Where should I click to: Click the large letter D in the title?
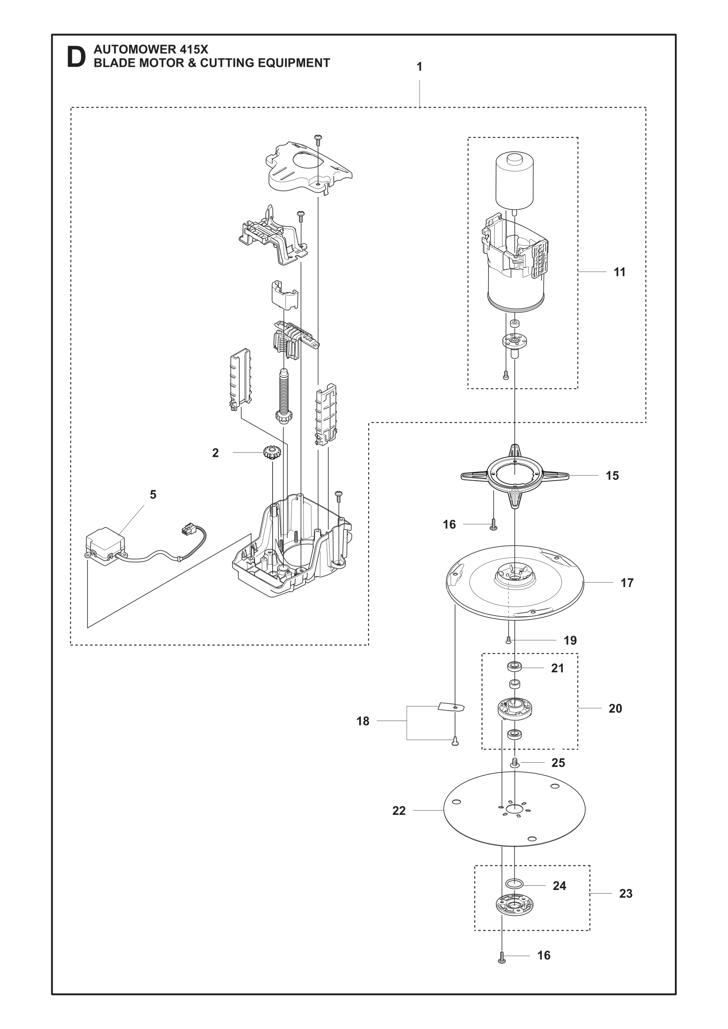tap(76, 57)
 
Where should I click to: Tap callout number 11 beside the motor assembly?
tap(619, 272)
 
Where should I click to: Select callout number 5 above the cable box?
tap(153, 495)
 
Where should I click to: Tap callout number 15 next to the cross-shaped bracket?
tap(612, 475)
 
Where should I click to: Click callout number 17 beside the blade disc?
tap(627, 583)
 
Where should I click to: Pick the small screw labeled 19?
tap(508, 640)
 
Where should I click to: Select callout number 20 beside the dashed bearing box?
tap(615, 708)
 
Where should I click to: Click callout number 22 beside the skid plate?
tap(399, 810)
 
